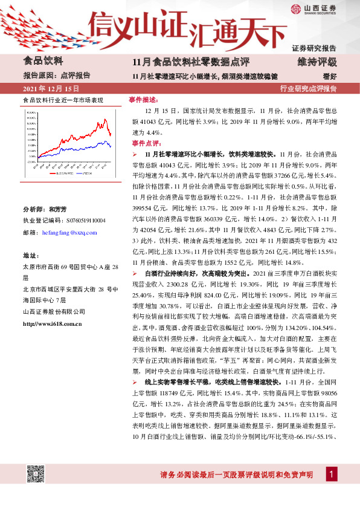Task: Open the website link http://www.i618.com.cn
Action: click(52, 324)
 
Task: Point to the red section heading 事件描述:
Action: click(144, 99)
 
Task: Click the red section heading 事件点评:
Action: click(144, 143)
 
